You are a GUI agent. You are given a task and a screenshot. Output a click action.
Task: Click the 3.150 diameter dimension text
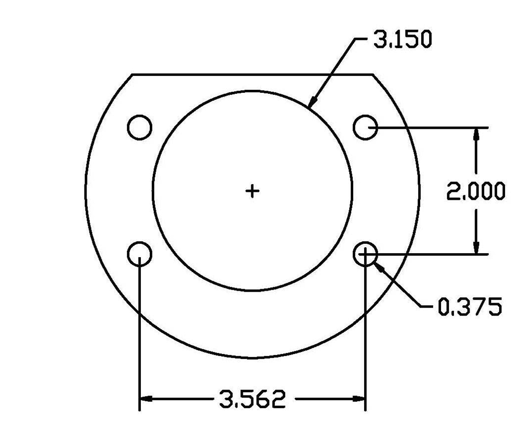(402, 40)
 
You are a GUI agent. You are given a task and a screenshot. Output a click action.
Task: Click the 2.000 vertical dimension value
(475, 191)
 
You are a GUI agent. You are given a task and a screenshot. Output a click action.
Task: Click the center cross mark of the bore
(253, 190)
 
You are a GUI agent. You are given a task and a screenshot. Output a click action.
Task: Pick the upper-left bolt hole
(139, 127)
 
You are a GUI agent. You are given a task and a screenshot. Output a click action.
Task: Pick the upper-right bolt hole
(365, 127)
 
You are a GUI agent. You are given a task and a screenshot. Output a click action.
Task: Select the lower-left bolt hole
(139, 254)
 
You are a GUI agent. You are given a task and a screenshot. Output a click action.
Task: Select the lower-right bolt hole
(365, 254)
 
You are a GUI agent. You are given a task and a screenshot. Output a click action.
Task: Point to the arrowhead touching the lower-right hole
(379, 266)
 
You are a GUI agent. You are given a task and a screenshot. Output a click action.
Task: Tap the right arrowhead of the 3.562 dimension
(359, 399)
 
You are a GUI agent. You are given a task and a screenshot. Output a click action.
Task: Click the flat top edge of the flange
(252, 74)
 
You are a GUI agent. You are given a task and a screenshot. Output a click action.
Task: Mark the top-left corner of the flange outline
(132, 74)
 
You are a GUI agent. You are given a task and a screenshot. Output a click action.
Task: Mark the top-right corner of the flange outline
(373, 74)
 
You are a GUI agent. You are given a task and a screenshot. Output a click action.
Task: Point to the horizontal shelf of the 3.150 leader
(361, 38)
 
